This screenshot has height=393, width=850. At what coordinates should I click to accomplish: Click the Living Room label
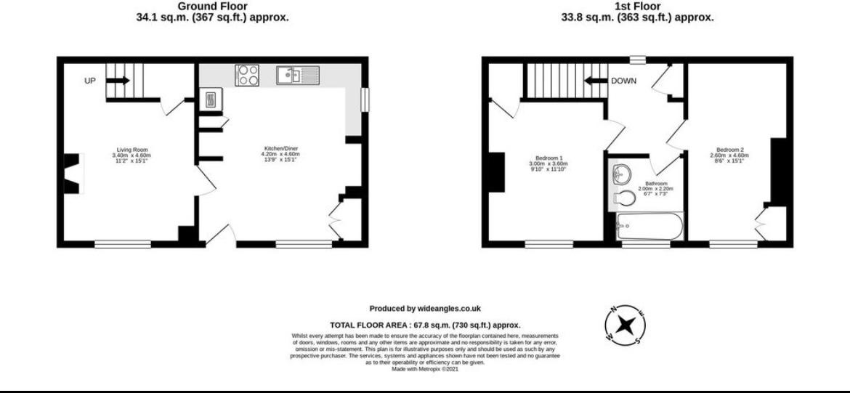131,150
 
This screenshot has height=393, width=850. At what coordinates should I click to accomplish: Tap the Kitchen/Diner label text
280,150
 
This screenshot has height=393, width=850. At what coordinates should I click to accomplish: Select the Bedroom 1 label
549,158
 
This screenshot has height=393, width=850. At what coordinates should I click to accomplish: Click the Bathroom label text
652,184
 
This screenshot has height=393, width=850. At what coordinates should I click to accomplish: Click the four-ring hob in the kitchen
247,74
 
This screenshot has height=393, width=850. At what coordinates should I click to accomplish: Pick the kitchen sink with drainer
298,74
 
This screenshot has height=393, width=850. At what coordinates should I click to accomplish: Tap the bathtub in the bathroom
649,227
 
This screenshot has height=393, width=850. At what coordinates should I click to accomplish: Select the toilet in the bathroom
623,197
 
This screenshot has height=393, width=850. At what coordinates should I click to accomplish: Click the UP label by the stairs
90,81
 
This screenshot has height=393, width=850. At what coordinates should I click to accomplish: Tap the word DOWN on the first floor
623,81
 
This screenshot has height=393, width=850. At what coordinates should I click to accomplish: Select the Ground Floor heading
212,6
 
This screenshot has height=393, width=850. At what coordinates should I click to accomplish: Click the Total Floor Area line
425,325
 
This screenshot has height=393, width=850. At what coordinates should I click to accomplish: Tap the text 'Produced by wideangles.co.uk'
425,309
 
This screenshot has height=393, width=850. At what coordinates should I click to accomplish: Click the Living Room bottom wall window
122,244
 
